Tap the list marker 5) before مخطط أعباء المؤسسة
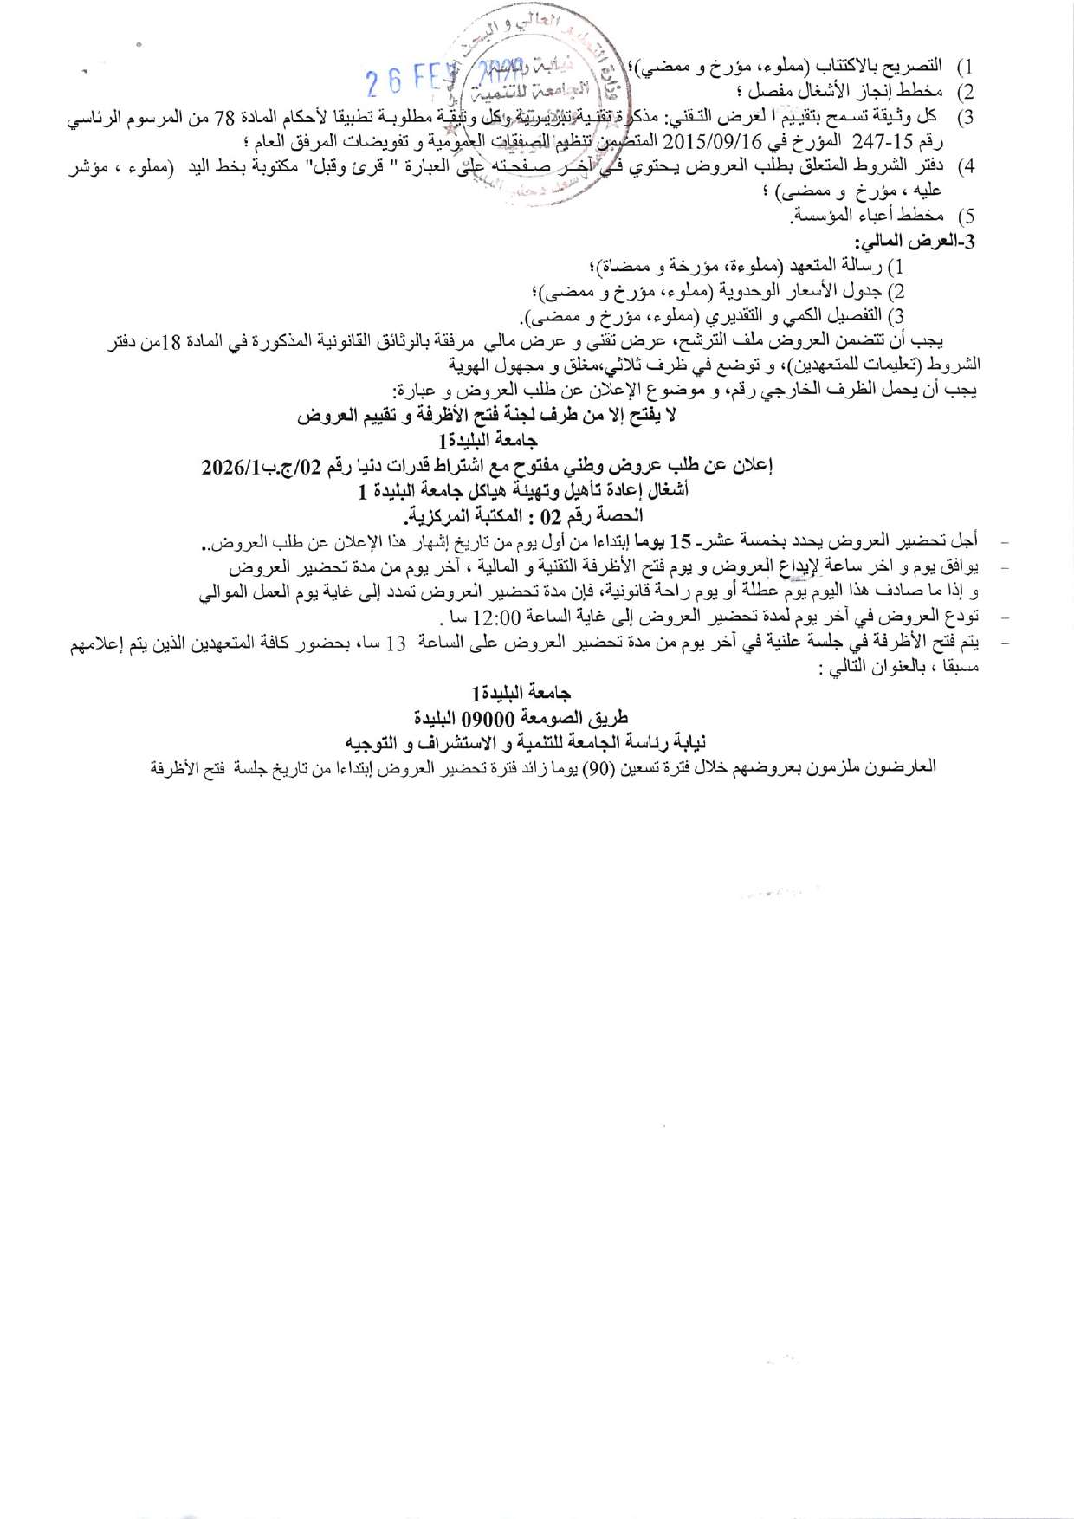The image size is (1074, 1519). pyautogui.click(x=965, y=216)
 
